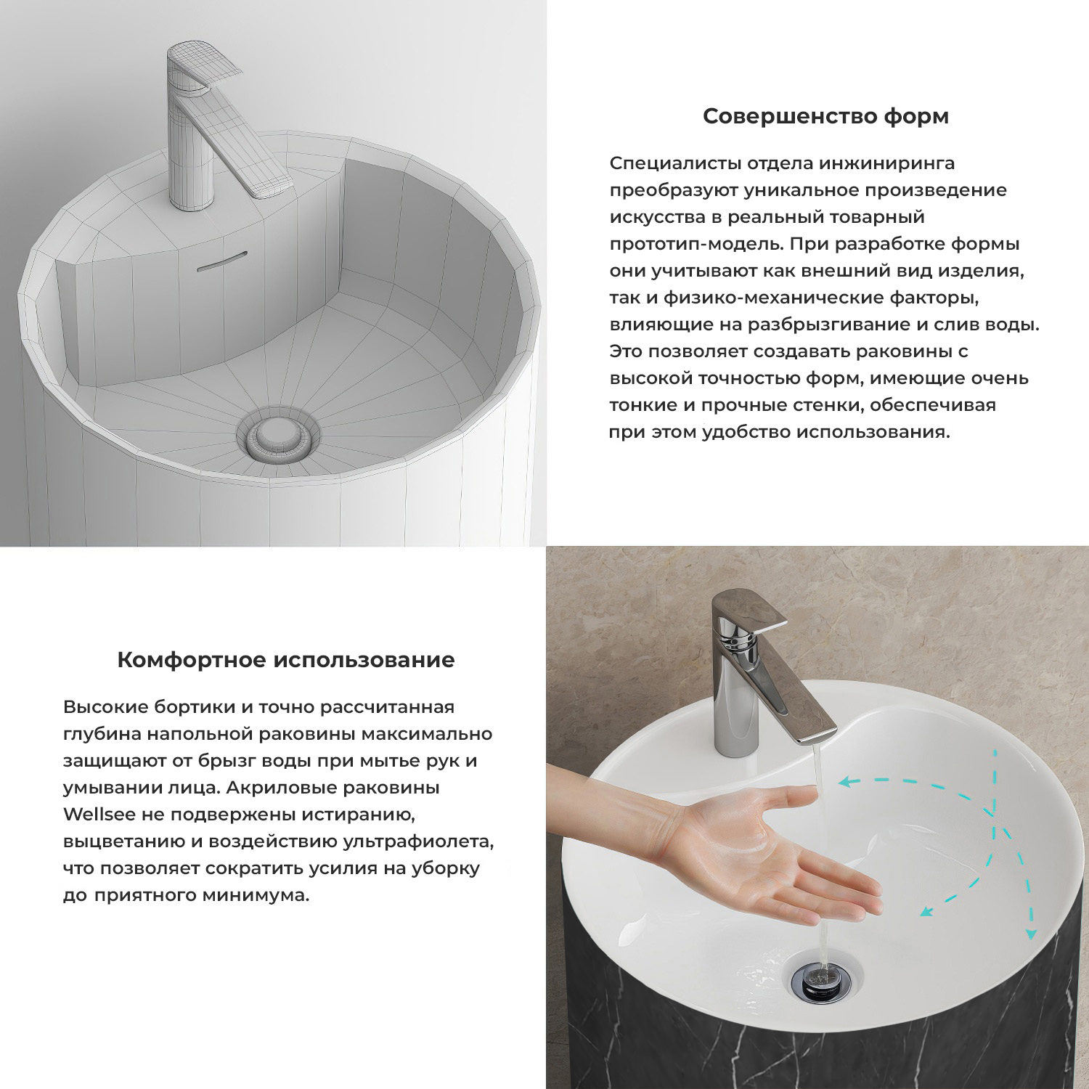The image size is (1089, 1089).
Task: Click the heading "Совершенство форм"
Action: (825, 116)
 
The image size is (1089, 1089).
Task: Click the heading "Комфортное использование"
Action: (286, 660)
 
